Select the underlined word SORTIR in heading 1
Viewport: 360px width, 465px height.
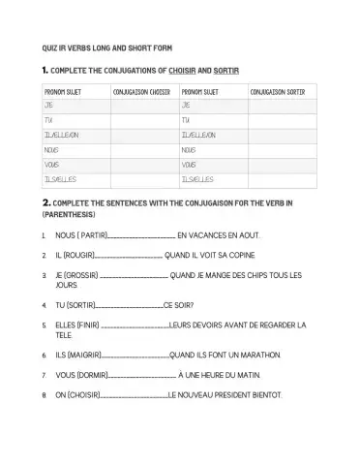click(x=226, y=71)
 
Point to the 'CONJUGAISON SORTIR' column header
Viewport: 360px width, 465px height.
click(x=282, y=92)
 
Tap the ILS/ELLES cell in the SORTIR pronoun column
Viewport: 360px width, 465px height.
click(x=198, y=179)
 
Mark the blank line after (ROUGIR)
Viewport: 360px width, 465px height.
click(x=132, y=256)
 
